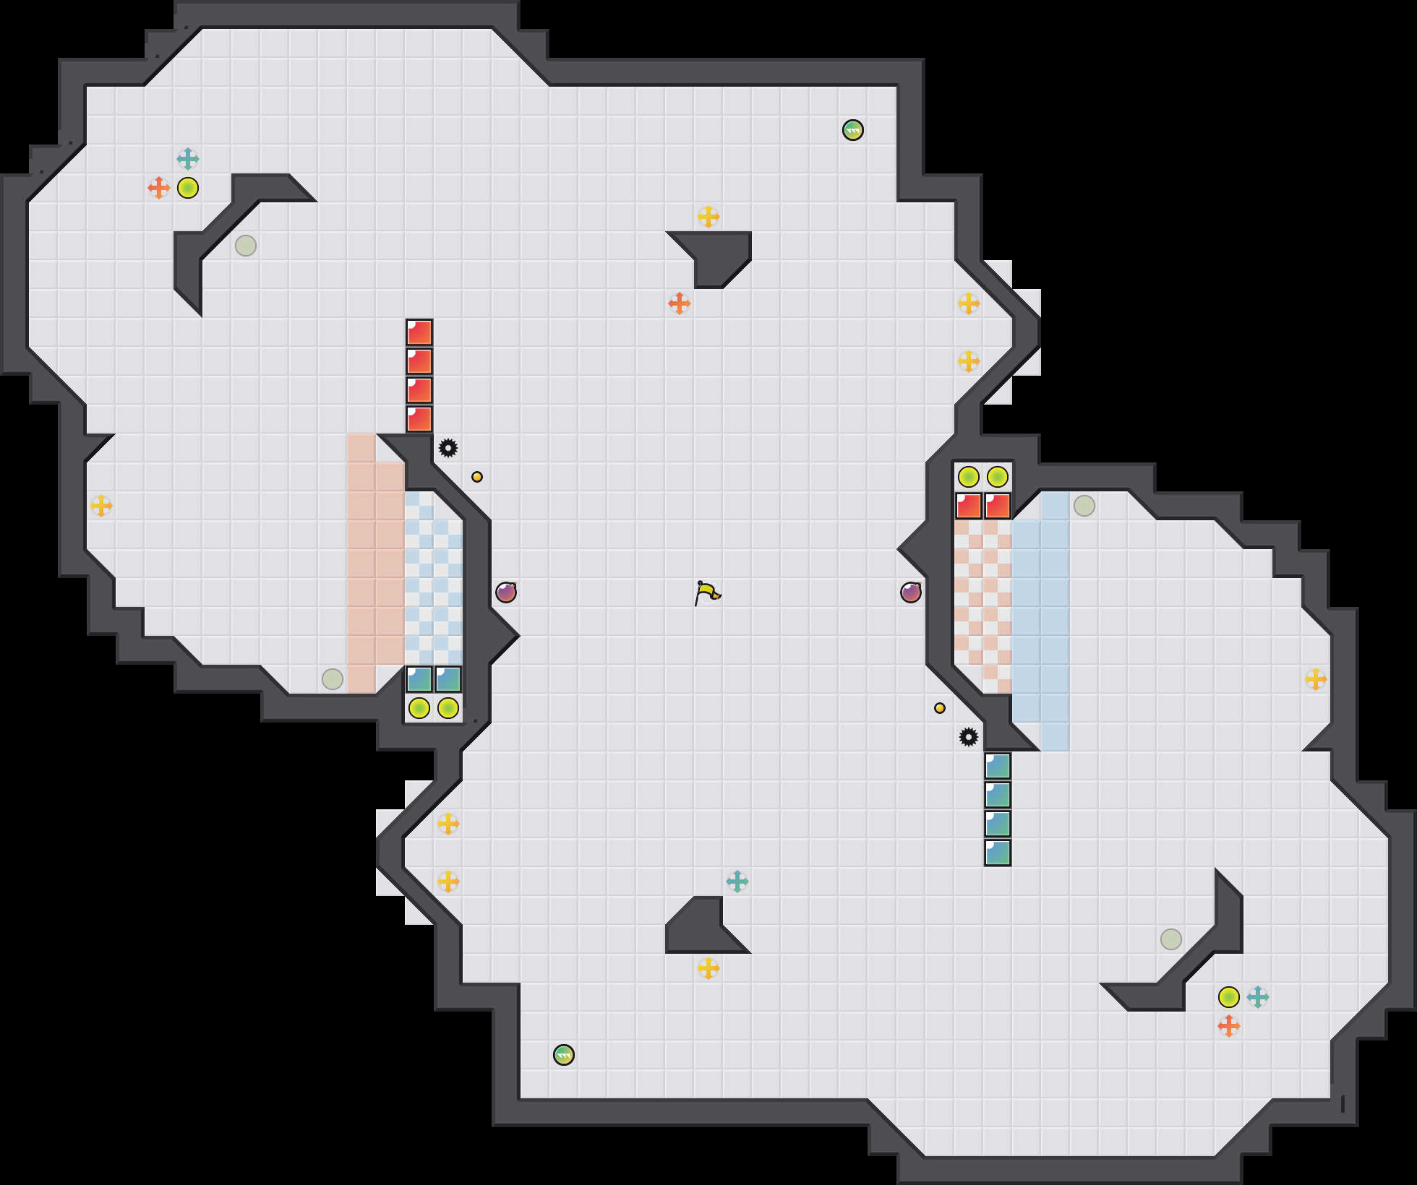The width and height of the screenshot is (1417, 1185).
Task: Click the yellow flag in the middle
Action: (707, 593)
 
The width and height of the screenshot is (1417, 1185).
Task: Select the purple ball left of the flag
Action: (506, 592)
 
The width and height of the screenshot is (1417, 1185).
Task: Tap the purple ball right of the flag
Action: (911, 592)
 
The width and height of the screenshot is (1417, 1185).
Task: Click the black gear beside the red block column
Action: (448, 448)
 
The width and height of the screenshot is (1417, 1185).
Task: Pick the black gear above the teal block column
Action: (969, 737)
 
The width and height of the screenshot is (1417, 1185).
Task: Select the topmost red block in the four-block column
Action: (419, 332)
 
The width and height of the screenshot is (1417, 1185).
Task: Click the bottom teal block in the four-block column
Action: (998, 853)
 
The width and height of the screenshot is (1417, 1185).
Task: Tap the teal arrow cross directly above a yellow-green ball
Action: (188, 159)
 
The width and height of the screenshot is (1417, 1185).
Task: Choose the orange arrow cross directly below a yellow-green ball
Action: (1229, 1026)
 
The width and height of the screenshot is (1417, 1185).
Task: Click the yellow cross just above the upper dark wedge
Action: (708, 217)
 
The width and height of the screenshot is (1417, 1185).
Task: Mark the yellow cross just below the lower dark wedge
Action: (708, 968)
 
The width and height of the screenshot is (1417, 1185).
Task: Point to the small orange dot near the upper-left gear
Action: (477, 477)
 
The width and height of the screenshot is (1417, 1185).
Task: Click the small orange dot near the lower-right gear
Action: (940, 708)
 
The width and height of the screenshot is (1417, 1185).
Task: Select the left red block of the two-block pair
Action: (969, 506)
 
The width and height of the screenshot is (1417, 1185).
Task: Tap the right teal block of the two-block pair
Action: (448, 679)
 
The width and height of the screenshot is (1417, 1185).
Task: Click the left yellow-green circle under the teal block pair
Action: (419, 708)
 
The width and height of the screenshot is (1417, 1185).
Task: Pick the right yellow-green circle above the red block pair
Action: (998, 477)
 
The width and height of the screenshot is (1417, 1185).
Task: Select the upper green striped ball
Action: (853, 130)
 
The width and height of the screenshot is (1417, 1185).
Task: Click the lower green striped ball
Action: (564, 1055)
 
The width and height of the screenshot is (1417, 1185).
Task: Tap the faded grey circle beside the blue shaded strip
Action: (1084, 506)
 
